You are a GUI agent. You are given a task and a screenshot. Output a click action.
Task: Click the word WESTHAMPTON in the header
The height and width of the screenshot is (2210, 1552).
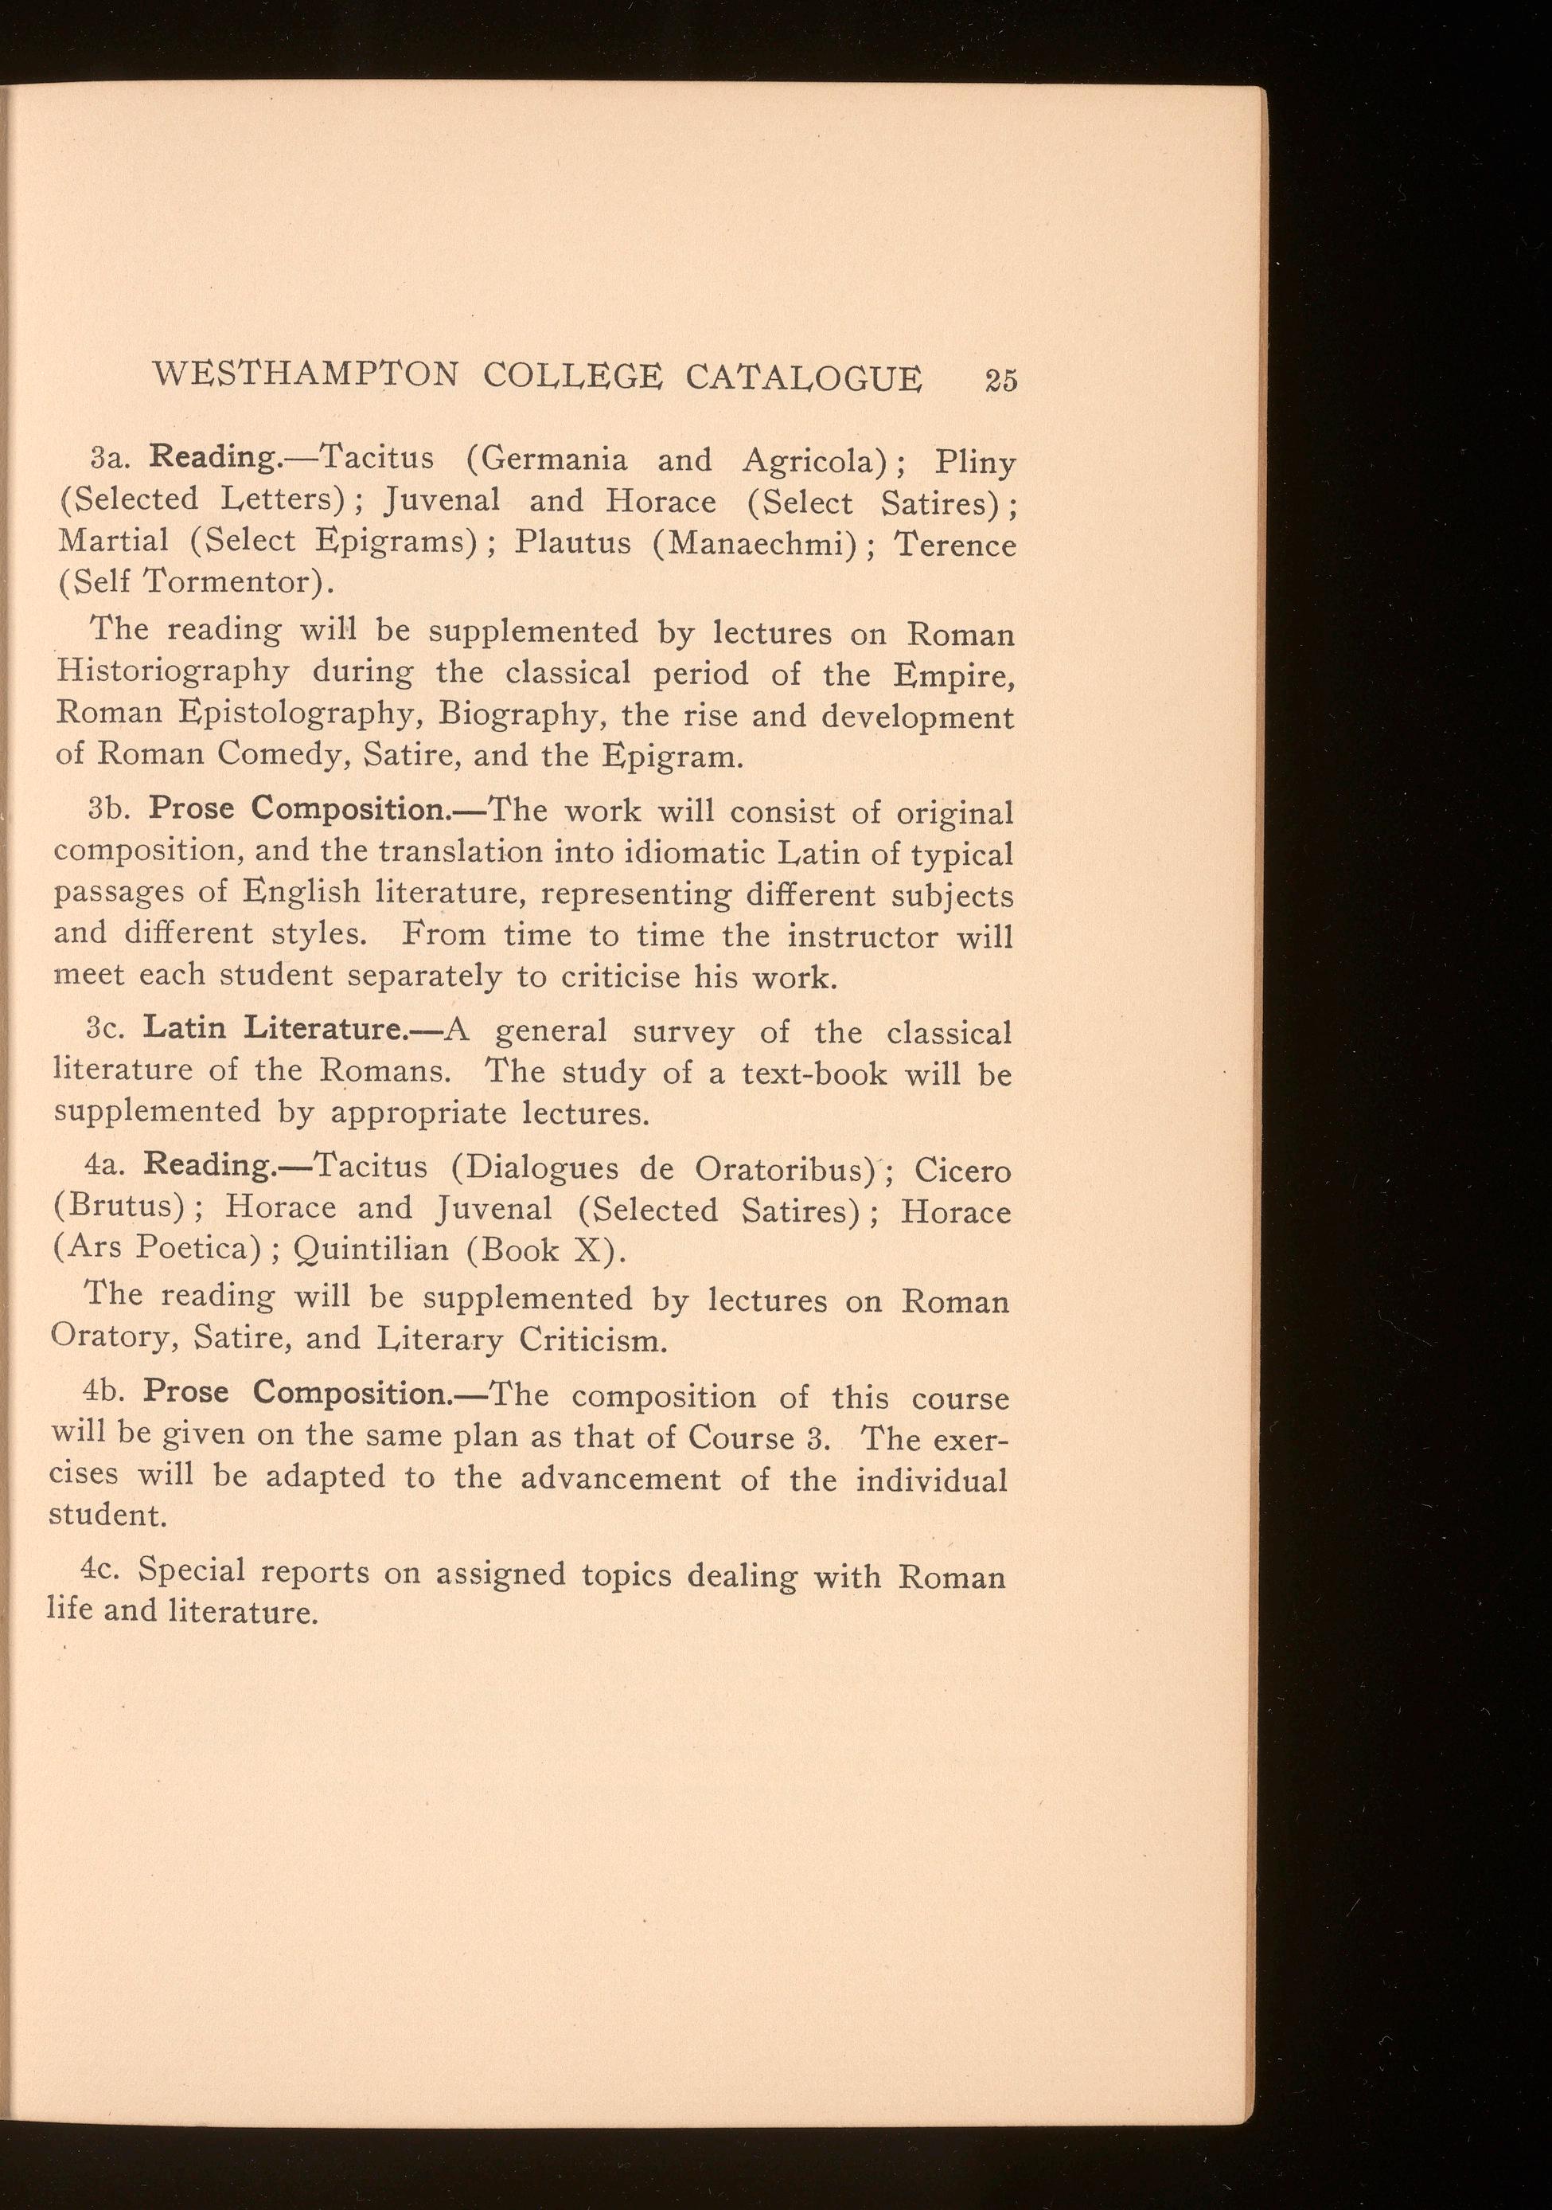[305, 374]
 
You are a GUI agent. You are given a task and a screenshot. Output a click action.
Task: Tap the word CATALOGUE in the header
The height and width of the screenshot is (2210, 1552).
[803, 377]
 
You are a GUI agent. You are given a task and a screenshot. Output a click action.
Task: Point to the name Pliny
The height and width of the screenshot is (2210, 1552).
[975, 463]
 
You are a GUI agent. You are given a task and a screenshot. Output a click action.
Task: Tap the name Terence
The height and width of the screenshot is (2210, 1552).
[955, 545]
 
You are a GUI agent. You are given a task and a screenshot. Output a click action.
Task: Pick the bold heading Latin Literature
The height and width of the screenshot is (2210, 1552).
[278, 1029]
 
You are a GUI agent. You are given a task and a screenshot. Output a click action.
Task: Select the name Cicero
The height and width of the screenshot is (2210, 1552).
[962, 1171]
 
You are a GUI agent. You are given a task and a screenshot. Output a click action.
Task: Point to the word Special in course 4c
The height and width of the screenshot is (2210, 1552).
[193, 1570]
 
